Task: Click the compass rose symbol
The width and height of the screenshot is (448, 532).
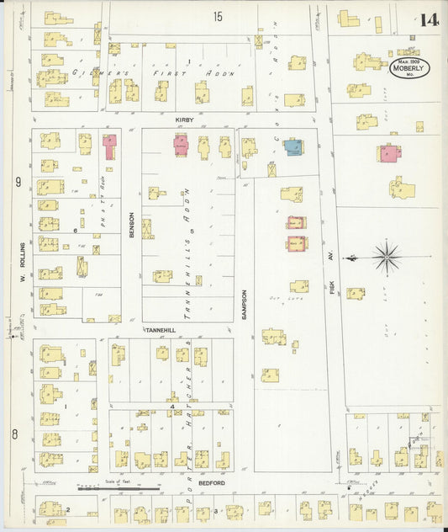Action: (386, 256)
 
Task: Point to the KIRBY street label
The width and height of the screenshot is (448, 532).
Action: (184, 120)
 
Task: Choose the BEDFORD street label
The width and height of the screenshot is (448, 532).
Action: (212, 484)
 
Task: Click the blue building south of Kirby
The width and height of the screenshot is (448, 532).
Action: (293, 147)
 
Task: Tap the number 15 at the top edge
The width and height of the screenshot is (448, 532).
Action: (219, 16)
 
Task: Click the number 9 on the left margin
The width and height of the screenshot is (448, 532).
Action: (17, 182)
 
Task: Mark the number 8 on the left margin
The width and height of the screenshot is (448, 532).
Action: (14, 434)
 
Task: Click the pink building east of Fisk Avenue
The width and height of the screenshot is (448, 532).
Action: (389, 154)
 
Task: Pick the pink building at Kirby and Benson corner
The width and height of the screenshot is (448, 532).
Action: (109, 145)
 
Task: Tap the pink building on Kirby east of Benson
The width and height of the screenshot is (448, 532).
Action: (182, 145)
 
